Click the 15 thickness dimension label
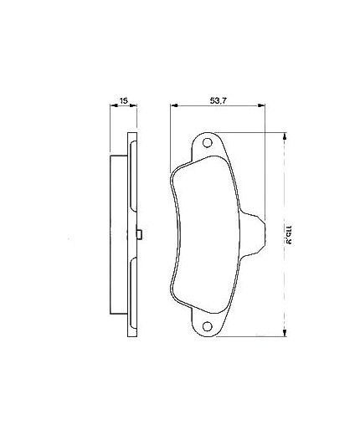click(x=123, y=100)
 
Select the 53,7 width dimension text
click(x=219, y=100)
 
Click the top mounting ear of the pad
click(x=209, y=146)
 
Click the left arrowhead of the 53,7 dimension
click(x=173, y=107)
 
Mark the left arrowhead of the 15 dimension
click(x=113, y=107)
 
